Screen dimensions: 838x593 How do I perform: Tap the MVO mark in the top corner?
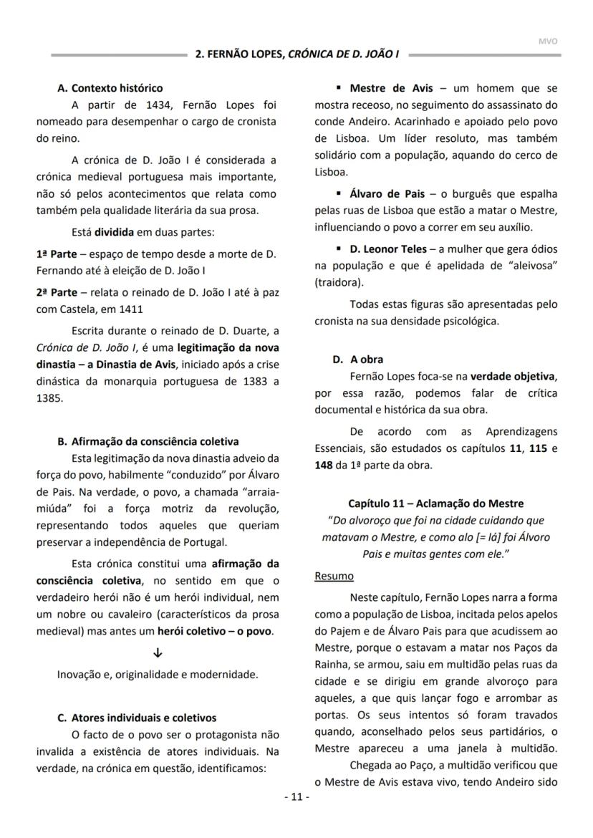548,41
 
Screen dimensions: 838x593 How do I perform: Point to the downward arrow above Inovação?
158,653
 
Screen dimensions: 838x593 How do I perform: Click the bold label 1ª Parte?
57,254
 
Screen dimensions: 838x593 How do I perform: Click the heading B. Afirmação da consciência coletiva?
148,441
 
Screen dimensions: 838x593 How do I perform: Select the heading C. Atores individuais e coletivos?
136,718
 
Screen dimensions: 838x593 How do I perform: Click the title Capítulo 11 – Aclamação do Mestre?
435,504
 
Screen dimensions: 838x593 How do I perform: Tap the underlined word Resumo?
334,576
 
